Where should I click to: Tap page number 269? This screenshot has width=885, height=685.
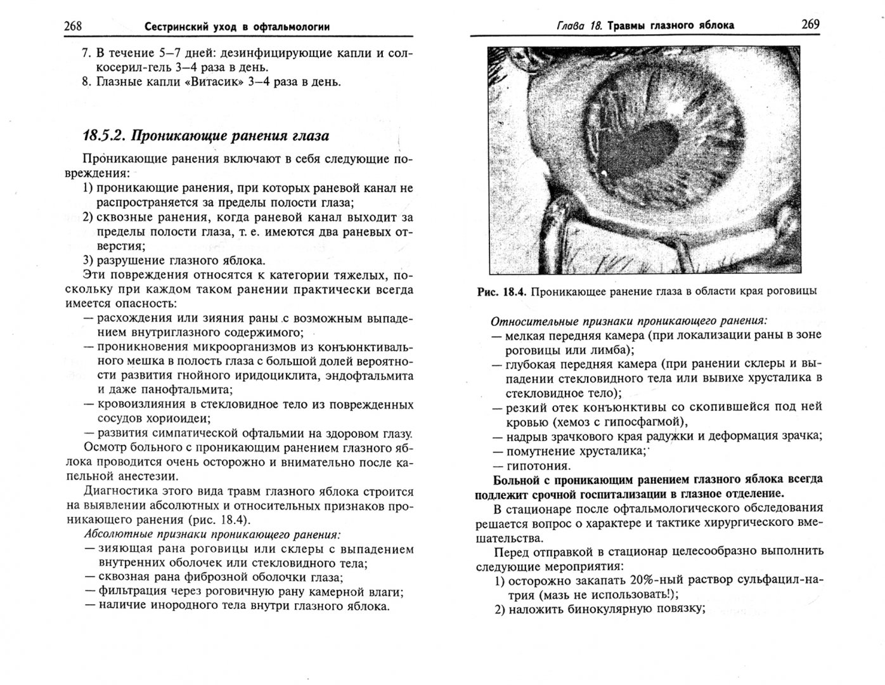pyautogui.click(x=810, y=24)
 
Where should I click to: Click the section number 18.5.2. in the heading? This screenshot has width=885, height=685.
pyautogui.click(x=105, y=136)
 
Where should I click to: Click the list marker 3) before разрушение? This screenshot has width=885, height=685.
pyautogui.click(x=89, y=261)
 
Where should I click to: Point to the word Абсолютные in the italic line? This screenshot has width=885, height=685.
pyautogui.click(x=115, y=534)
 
